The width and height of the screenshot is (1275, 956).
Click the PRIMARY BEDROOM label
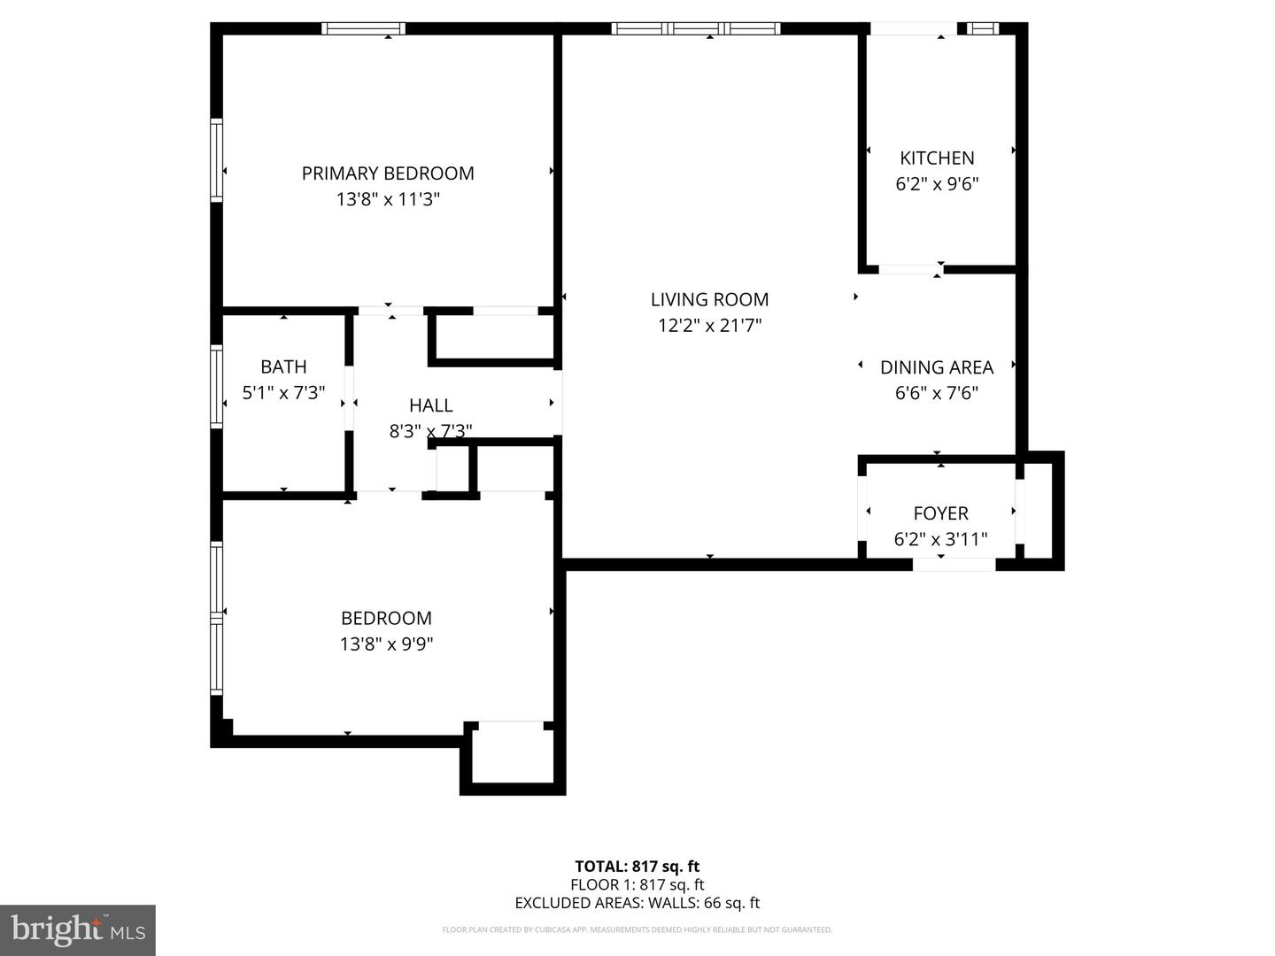[388, 173]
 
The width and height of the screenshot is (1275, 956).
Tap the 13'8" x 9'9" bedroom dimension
[386, 644]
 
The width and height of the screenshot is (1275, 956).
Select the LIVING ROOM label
[709, 300]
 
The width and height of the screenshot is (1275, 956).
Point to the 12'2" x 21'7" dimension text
[709, 326]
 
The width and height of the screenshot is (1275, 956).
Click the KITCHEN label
[937, 158]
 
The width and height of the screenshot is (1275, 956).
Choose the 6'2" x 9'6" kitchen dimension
[937, 184]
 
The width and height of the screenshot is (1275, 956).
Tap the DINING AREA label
[936, 367]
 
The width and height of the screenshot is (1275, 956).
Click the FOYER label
[940, 513]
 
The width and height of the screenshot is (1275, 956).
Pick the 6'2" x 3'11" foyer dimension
[940, 539]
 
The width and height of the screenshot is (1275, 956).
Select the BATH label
[283, 366]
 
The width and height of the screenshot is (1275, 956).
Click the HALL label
[430, 405]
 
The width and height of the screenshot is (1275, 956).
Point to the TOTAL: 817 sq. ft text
[637, 867]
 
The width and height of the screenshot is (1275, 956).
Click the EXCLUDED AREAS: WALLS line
[637, 903]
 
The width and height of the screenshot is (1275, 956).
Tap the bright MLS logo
[78, 929]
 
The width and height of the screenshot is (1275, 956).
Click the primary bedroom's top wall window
[363, 28]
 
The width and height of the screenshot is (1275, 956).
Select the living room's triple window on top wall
[696, 28]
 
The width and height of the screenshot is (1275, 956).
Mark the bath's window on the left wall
[216, 387]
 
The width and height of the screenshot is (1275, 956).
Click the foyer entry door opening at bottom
[954, 564]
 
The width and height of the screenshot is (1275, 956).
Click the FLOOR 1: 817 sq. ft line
[637, 884]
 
